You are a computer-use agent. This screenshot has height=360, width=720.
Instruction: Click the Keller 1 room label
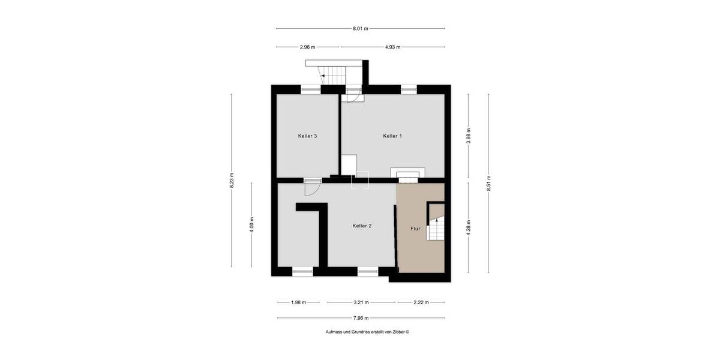[x=392, y=136]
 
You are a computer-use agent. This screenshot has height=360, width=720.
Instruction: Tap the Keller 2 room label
[x=362, y=226]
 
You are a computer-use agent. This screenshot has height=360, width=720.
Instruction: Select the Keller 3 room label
[x=307, y=136]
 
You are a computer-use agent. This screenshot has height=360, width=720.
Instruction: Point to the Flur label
[x=415, y=229]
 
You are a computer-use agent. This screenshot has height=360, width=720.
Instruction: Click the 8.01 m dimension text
[x=360, y=28]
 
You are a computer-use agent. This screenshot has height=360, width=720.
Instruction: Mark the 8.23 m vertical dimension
[x=232, y=181]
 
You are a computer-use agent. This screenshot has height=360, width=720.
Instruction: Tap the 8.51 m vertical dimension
[x=489, y=181]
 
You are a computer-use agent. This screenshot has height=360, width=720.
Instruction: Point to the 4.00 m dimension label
[x=251, y=224]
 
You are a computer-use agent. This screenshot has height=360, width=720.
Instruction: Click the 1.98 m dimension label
[x=298, y=302]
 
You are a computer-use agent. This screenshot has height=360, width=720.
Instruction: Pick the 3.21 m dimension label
[x=361, y=302]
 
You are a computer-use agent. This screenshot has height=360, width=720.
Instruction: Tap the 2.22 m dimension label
[x=421, y=302]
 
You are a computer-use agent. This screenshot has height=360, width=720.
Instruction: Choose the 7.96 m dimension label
[x=361, y=318]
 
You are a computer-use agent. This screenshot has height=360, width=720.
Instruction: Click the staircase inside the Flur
[x=436, y=223]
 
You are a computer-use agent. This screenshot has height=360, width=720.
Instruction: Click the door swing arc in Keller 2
[x=312, y=188]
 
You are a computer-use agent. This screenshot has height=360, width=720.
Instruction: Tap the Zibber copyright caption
[x=367, y=332]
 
